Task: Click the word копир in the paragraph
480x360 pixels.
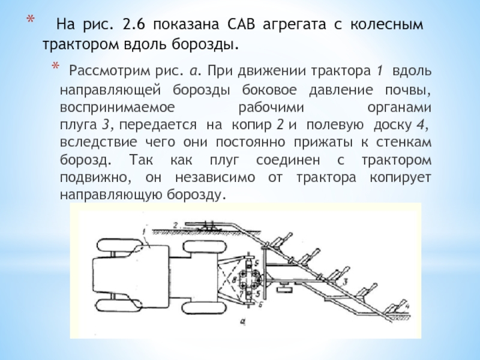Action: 250,125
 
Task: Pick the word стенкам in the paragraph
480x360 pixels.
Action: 407,143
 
